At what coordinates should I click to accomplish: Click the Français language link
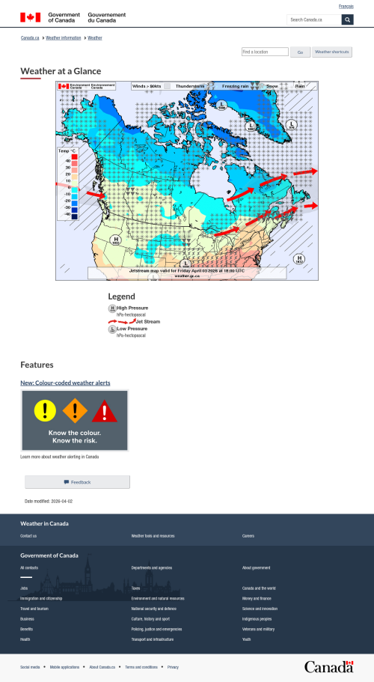[x=346, y=6]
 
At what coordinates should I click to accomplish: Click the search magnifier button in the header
[x=347, y=19]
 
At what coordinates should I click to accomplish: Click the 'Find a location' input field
[x=265, y=52]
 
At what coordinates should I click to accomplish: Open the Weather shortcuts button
[x=332, y=52]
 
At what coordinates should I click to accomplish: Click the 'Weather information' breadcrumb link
[x=64, y=37]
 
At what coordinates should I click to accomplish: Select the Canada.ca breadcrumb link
[x=30, y=37]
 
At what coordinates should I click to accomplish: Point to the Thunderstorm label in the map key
[x=189, y=86]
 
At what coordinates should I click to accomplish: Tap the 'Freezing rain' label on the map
[x=235, y=86]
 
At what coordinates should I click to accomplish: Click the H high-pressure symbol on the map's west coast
[x=116, y=240]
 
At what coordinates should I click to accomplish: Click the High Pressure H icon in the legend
[x=112, y=308]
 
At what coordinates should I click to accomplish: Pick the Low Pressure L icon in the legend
[x=112, y=329]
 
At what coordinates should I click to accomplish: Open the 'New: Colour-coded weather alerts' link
[x=65, y=383]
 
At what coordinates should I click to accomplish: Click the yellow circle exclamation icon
[x=45, y=409]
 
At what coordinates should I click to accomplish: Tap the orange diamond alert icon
[x=75, y=410]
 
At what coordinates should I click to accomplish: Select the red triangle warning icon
[x=105, y=411]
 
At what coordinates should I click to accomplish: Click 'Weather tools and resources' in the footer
[x=153, y=536]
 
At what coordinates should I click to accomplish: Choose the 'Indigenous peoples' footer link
[x=257, y=619]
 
